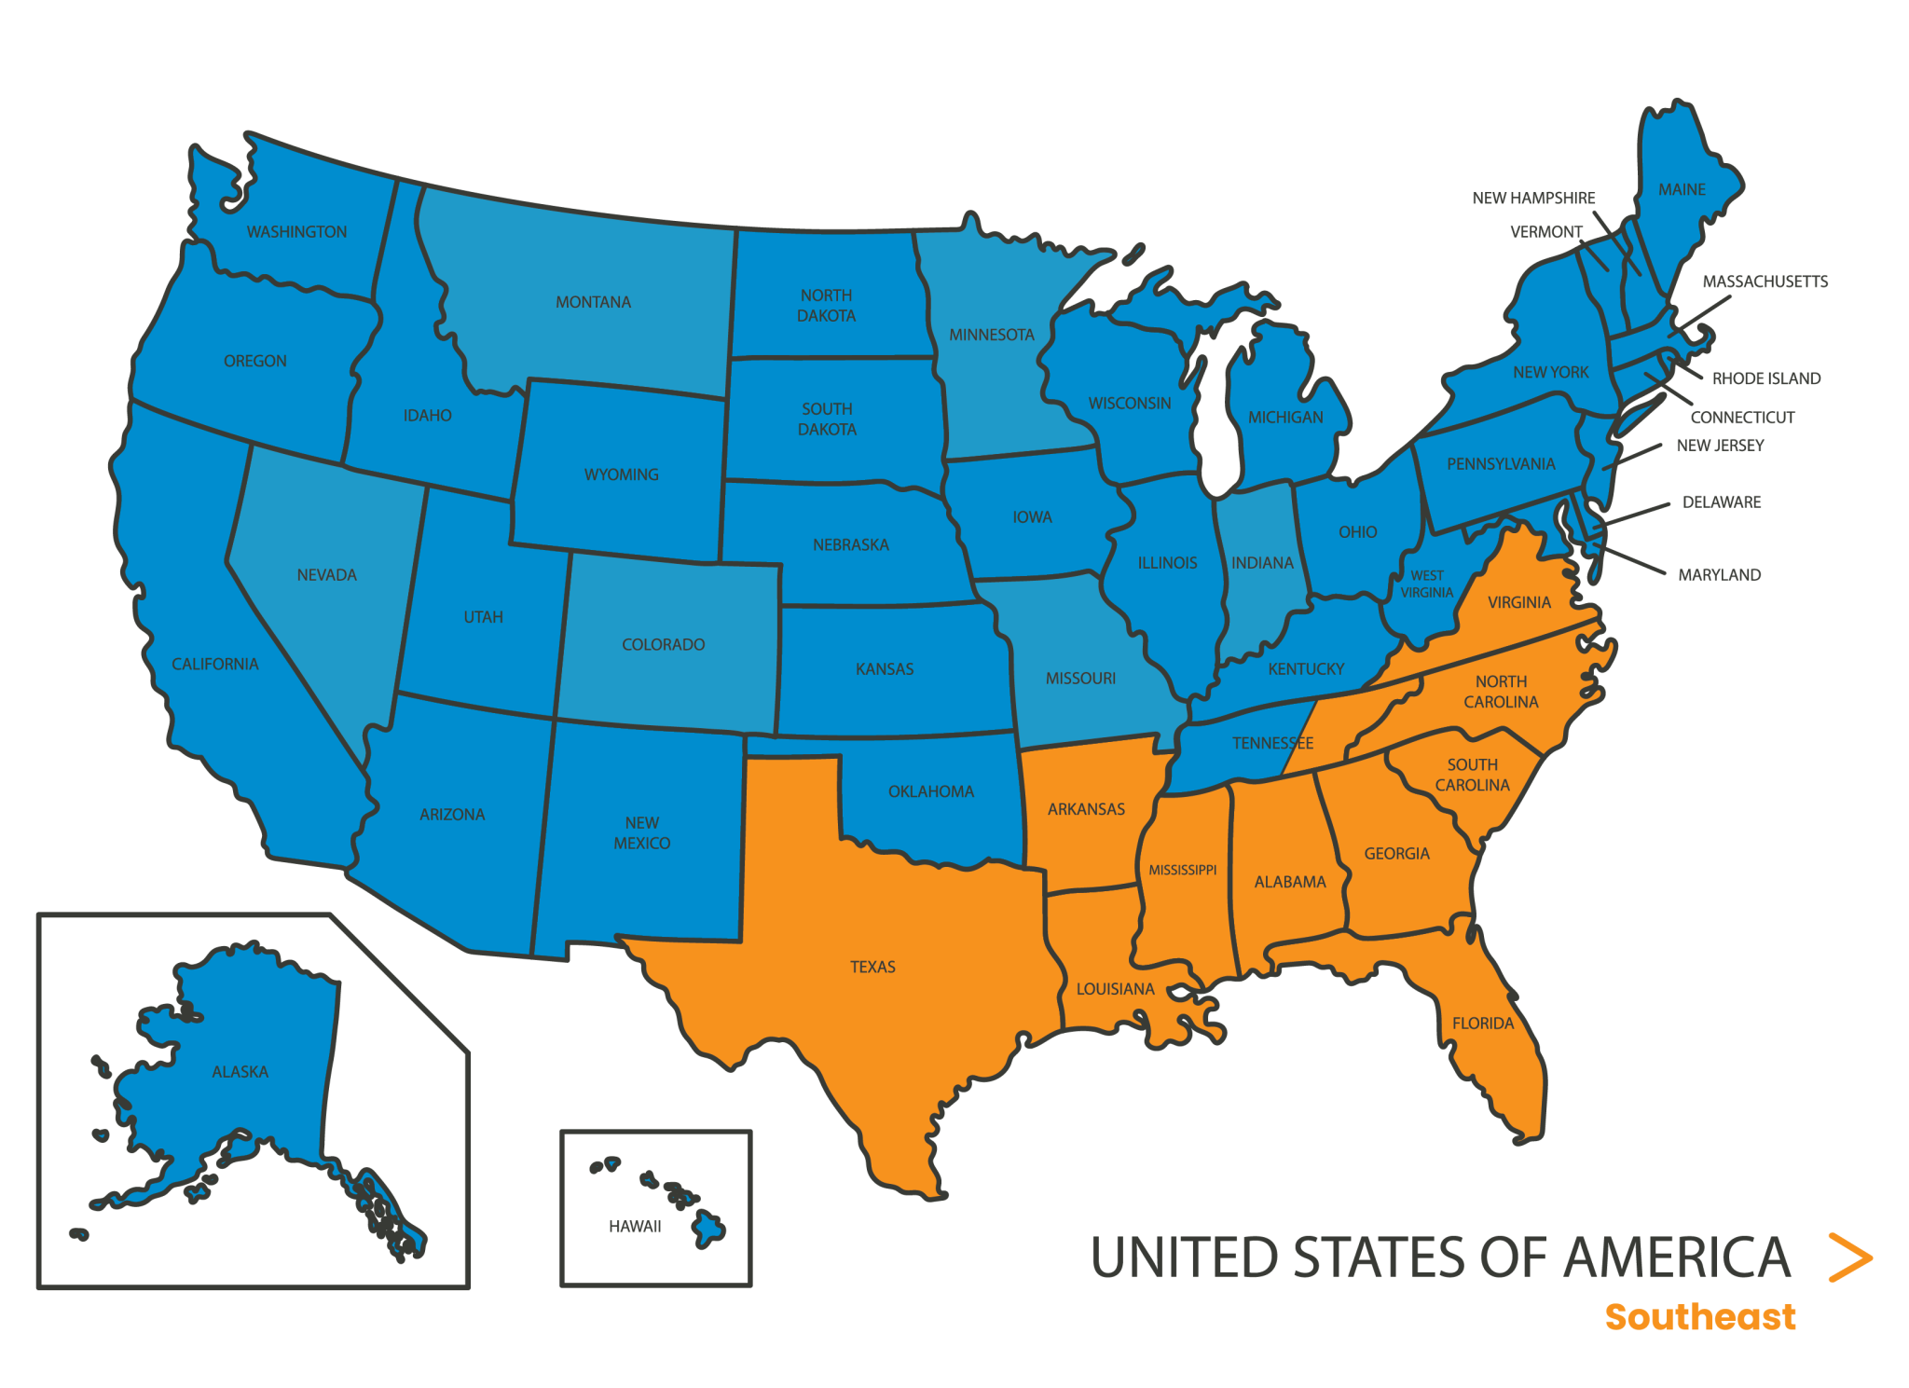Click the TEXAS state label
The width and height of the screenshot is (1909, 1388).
click(872, 967)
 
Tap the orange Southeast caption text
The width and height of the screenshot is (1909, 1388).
click(1699, 1317)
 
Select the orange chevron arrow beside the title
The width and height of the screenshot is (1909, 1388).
click(1850, 1257)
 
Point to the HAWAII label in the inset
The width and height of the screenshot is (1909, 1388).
click(635, 1227)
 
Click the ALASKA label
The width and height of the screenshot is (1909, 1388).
click(240, 1072)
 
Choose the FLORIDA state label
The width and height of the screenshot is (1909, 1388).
click(1483, 1024)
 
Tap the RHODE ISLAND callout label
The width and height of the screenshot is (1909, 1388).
click(1766, 378)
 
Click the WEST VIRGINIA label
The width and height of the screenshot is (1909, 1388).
click(1426, 584)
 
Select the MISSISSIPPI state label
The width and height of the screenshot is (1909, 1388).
click(1182, 870)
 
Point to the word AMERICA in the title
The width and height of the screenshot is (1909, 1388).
click(1677, 1257)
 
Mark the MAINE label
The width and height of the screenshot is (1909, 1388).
click(1682, 189)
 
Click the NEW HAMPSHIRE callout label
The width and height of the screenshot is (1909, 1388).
click(1533, 198)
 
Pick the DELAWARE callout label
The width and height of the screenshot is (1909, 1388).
click(1722, 502)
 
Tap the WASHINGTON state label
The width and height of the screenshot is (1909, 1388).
click(296, 231)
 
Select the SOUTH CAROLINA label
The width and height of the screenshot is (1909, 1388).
click(1472, 775)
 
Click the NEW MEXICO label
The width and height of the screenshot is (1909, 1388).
click(641, 832)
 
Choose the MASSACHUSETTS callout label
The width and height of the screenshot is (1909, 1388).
click(1765, 282)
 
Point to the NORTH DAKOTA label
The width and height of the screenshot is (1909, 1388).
click(826, 306)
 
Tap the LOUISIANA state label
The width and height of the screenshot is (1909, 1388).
click(1115, 989)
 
